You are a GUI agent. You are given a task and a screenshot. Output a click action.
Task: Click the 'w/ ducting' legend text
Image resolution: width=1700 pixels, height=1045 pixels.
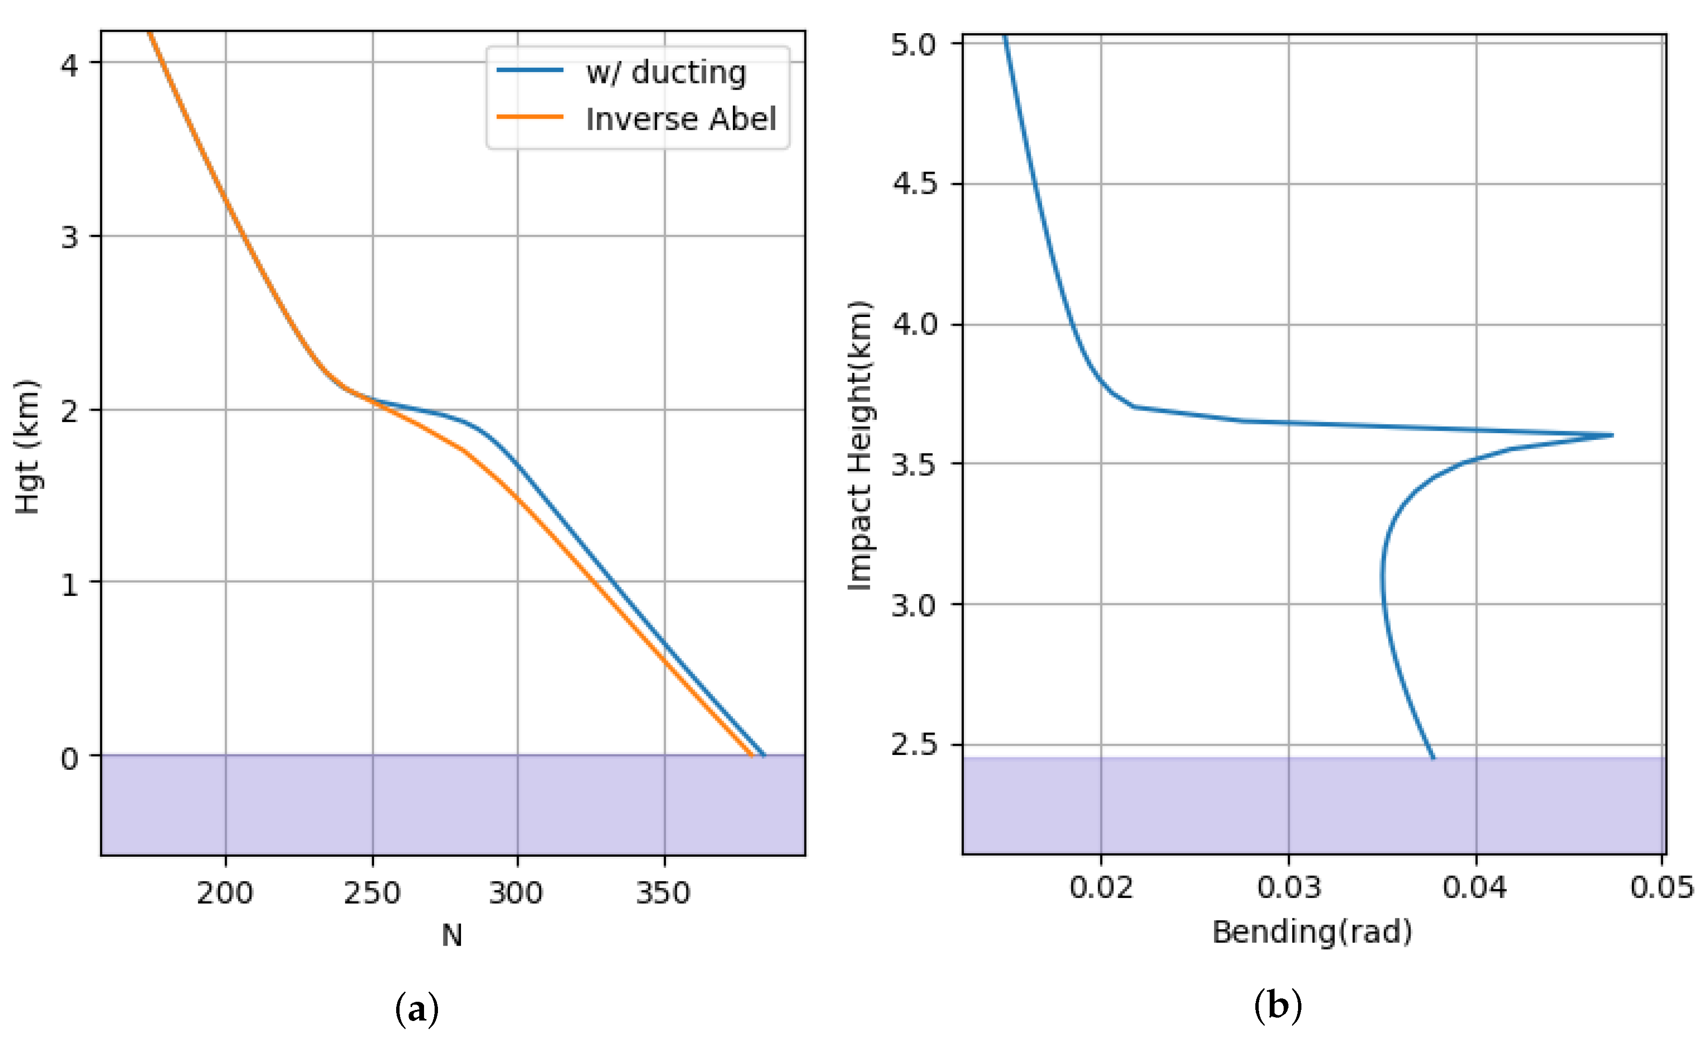666,73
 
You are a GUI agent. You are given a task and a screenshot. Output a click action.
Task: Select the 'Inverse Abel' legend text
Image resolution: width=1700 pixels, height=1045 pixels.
680,119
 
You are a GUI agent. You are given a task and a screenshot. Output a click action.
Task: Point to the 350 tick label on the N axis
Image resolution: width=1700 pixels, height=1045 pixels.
663,893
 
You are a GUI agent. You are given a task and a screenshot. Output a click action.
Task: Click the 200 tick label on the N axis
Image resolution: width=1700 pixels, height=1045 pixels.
225,893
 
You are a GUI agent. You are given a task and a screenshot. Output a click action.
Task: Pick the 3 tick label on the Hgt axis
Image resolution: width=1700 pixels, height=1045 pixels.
69,237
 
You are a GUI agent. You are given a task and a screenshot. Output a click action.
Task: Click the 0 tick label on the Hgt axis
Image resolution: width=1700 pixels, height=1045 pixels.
69,758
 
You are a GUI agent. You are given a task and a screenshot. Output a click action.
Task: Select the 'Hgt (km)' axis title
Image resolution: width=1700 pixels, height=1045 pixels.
28,447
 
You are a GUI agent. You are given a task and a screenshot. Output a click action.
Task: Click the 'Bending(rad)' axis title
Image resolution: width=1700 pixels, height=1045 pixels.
1311,932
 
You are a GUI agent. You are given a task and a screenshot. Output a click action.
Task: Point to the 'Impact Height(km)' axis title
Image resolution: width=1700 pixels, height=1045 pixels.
860,446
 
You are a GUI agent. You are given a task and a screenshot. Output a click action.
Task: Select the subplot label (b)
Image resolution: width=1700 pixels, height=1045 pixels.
1277,1006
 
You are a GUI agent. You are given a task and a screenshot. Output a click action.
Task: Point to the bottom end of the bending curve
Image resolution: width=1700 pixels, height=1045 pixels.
1433,757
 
